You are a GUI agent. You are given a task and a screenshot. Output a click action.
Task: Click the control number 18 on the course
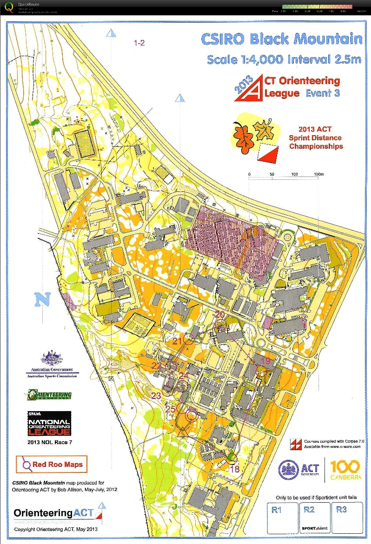(235, 469)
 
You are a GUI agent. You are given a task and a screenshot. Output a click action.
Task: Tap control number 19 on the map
(265, 360)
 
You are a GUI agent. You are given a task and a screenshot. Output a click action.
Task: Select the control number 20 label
(220, 315)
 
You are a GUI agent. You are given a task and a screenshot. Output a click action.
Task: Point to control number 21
(177, 341)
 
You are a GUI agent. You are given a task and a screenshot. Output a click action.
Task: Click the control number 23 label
(156, 395)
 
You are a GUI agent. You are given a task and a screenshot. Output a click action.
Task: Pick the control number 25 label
(171, 408)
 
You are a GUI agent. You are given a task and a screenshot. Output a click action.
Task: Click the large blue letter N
(42, 300)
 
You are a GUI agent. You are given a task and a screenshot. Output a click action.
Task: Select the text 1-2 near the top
(139, 43)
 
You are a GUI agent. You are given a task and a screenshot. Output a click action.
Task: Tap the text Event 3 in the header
(322, 93)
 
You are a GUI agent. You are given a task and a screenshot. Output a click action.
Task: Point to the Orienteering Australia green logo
(49, 395)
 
